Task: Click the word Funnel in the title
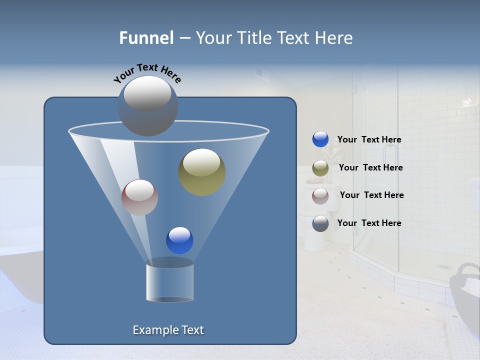(146, 38)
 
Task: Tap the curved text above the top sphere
(147, 73)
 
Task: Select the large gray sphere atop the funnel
(147, 105)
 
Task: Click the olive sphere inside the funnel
(201, 172)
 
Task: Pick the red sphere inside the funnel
(139, 197)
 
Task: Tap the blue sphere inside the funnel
(179, 240)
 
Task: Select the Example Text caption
(168, 330)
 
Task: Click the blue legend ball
(320, 139)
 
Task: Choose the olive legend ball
(320, 168)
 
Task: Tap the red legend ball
(320, 195)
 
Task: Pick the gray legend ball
(320, 223)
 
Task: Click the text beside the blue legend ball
(369, 139)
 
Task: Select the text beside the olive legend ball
(370, 167)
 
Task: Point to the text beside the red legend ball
(371, 195)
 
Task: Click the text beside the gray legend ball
(369, 223)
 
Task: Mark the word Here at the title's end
(335, 38)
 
